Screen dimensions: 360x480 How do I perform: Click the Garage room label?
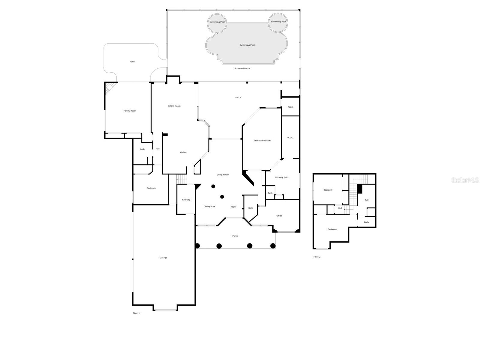[x=163, y=258]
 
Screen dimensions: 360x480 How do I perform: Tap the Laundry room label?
[x=186, y=200]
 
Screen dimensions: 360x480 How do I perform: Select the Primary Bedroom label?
[x=262, y=141]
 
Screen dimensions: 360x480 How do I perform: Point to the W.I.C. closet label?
[x=290, y=138]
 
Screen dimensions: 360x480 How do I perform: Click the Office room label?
[x=279, y=216]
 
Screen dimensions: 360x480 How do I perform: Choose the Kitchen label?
[x=183, y=152]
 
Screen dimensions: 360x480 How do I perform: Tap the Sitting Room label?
[x=174, y=106]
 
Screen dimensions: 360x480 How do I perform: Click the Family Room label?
[x=130, y=111]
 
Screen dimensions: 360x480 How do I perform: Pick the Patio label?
[x=132, y=62]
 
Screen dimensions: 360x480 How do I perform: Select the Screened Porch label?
[x=242, y=68]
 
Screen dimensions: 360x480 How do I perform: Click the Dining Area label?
[x=209, y=207]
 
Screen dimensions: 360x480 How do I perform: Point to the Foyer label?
[x=233, y=207]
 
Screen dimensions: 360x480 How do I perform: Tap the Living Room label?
[x=223, y=175]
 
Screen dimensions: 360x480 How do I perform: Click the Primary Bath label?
[x=281, y=177]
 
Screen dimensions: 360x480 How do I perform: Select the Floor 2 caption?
[x=317, y=257]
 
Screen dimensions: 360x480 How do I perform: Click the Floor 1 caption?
[x=136, y=313]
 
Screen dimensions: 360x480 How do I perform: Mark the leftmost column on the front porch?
[x=197, y=246]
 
